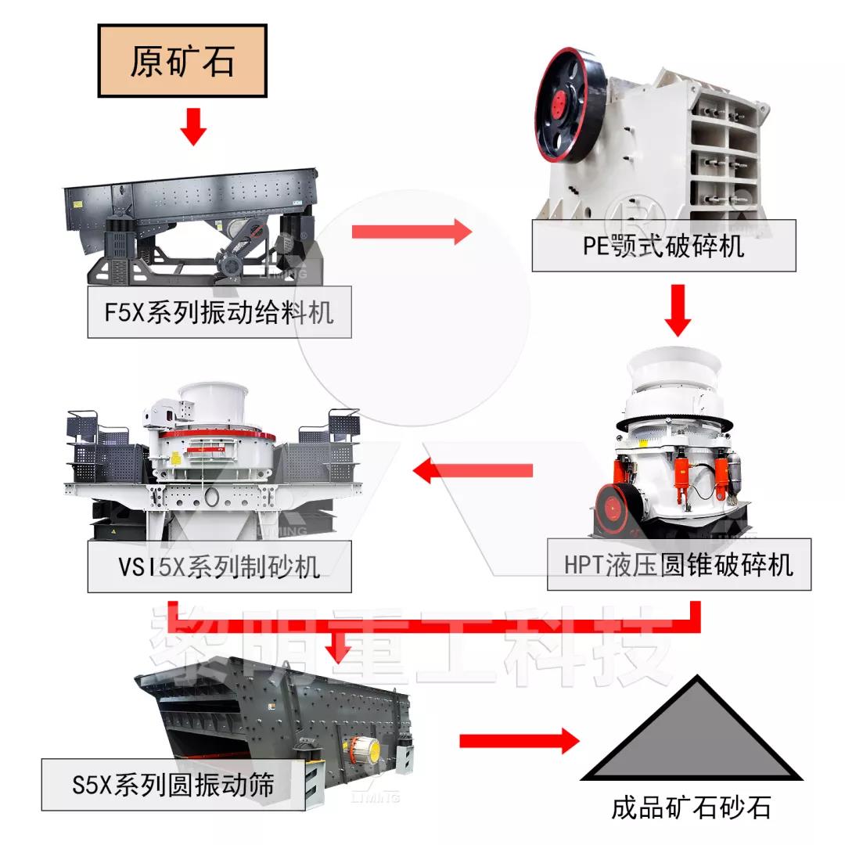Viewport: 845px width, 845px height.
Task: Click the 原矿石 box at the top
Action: click(182, 61)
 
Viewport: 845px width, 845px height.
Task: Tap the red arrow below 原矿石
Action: click(192, 126)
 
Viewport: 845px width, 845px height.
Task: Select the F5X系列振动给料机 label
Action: click(219, 312)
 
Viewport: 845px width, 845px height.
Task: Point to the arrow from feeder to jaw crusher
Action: click(412, 232)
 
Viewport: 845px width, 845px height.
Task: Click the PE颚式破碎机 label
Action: click(663, 246)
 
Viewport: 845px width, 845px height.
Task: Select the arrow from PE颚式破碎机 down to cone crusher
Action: click(678, 310)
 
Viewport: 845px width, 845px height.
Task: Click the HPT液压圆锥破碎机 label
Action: click(678, 564)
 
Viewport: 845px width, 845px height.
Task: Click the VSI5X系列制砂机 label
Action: click(219, 565)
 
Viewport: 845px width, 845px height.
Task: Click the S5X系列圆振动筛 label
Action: click(174, 784)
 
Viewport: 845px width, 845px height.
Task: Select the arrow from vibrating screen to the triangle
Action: click(517, 740)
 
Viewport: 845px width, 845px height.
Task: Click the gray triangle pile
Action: click(690, 735)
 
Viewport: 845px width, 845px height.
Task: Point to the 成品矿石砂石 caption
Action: click(691, 807)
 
